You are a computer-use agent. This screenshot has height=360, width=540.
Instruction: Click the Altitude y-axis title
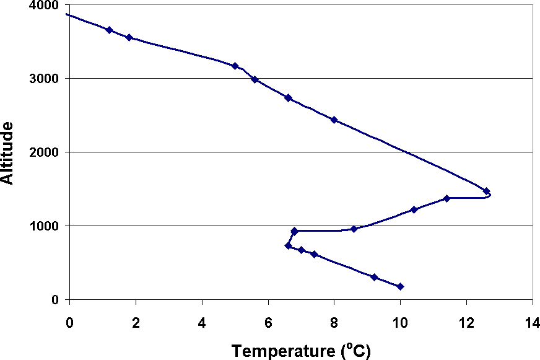click(x=8, y=152)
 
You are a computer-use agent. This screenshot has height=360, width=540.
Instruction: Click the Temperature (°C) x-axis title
click(x=301, y=351)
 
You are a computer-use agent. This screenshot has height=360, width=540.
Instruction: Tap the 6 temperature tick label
click(x=268, y=323)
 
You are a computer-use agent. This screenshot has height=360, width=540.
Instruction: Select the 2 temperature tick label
click(x=136, y=323)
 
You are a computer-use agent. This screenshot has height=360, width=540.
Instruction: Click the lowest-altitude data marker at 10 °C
click(x=400, y=286)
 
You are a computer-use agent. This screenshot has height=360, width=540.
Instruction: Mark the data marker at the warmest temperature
click(x=486, y=191)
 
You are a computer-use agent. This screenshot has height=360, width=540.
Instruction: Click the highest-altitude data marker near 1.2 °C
click(x=109, y=30)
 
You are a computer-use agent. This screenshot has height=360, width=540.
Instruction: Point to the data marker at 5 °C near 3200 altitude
click(x=235, y=66)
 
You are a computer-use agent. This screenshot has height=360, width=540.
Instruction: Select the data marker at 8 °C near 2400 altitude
click(x=334, y=120)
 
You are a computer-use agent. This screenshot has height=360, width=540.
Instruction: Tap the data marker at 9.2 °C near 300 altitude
click(x=374, y=277)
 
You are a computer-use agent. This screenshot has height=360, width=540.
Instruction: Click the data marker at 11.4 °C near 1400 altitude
click(x=446, y=198)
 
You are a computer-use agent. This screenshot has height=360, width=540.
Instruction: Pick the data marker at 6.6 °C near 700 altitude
click(x=288, y=246)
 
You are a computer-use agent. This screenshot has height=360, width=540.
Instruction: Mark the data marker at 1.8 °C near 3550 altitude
click(x=129, y=37)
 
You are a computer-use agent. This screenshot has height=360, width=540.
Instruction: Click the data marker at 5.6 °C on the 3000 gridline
click(x=255, y=79)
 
